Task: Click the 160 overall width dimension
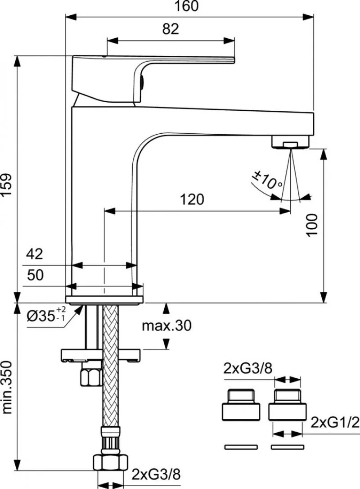point(186,6)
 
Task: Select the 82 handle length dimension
point(171,29)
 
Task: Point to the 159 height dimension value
point(7,185)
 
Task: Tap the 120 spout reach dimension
point(192,199)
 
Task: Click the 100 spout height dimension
point(312,225)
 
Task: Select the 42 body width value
point(34,254)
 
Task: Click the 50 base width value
point(35,275)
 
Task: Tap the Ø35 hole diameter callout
point(46,315)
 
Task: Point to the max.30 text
point(166,326)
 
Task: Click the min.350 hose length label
point(7,388)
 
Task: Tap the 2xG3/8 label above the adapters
point(248,369)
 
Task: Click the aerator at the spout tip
point(291,142)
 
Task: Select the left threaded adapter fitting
point(241,405)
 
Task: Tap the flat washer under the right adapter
point(287,447)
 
